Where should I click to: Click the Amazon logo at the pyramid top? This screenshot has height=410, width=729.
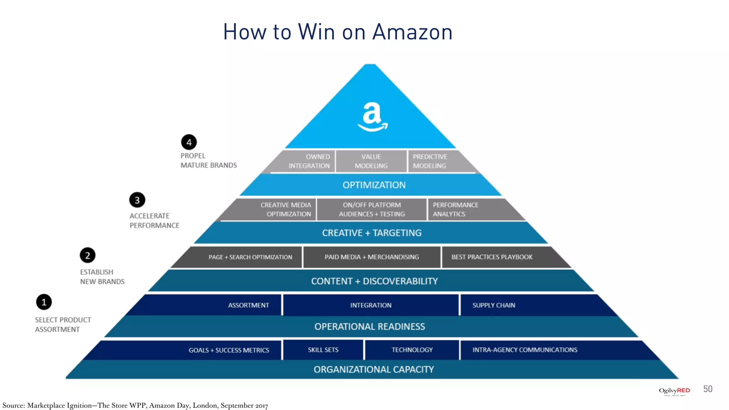(372, 117)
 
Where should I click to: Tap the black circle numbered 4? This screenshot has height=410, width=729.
(189, 142)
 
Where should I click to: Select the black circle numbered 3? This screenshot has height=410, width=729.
(137, 200)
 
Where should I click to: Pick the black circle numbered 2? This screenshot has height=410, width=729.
(88, 255)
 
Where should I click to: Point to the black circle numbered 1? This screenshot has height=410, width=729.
(44, 302)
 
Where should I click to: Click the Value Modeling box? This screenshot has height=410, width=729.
(371, 161)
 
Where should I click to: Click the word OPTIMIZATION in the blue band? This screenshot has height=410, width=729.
(374, 185)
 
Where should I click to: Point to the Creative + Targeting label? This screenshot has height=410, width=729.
(372, 233)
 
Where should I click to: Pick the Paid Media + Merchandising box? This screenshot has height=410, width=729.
(372, 257)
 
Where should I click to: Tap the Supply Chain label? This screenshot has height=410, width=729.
(494, 305)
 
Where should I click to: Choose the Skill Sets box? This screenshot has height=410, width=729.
(323, 350)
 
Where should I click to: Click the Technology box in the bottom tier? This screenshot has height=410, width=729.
(412, 350)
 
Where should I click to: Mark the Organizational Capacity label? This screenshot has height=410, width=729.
(374, 369)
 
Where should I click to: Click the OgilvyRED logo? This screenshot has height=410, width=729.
(674, 391)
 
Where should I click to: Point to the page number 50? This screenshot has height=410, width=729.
(708, 389)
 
